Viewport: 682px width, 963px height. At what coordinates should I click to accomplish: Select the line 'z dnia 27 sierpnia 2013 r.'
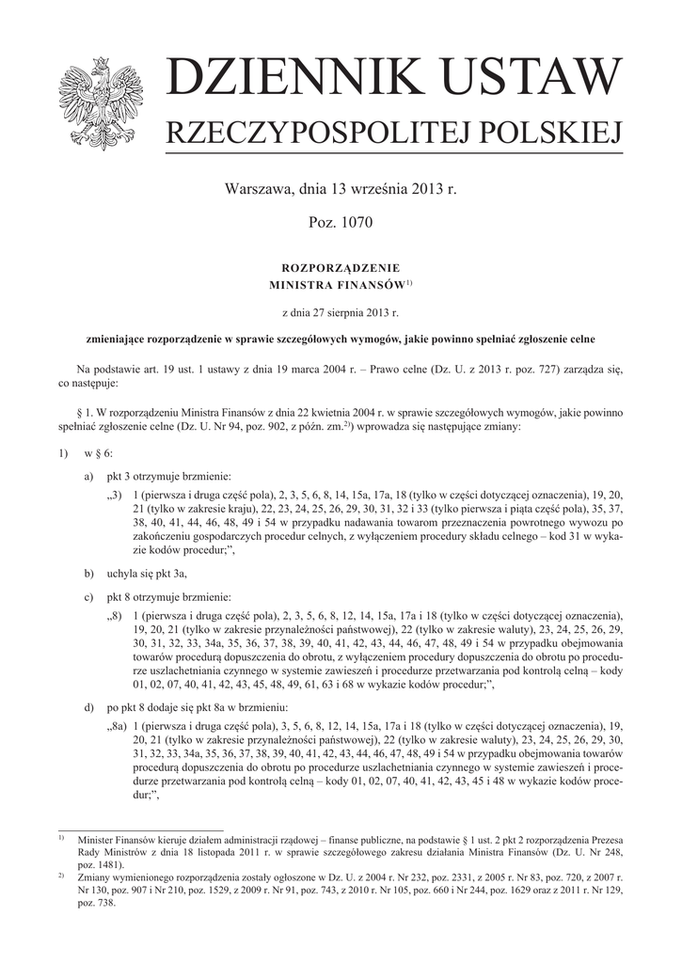[341, 311]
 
